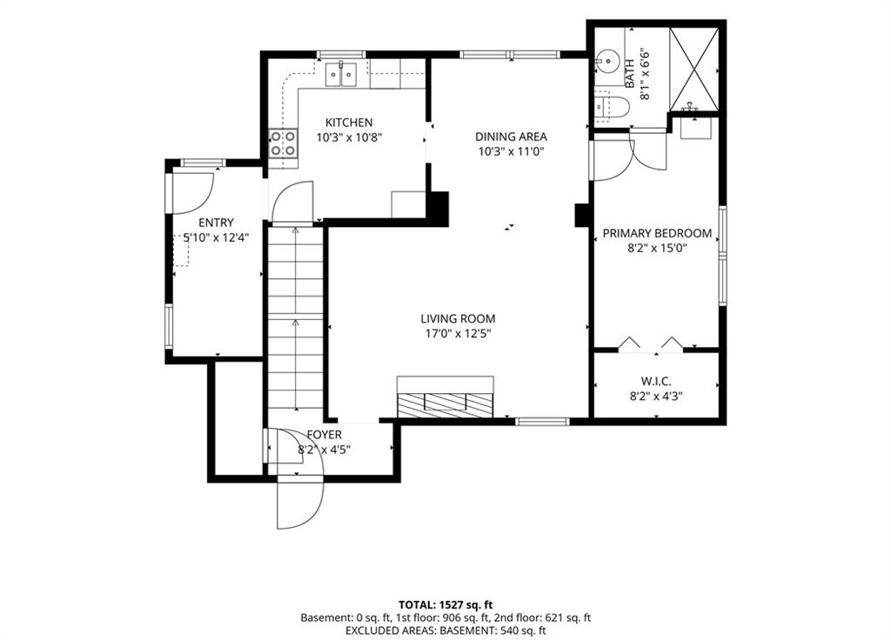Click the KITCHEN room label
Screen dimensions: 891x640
click(349, 122)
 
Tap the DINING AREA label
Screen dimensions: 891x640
click(511, 137)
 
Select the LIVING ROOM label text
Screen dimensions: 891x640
click(458, 318)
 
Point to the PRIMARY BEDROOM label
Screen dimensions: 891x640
click(657, 233)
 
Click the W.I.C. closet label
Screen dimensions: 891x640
click(656, 381)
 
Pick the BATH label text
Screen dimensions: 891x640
click(630, 74)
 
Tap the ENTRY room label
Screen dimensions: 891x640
click(216, 223)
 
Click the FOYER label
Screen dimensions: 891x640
click(324, 435)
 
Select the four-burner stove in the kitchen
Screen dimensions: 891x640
click(283, 143)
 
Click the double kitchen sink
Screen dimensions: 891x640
click(341, 75)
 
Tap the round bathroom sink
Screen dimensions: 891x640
click(607, 59)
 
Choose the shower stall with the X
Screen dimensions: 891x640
click(693, 69)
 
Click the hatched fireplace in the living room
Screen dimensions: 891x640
click(445, 397)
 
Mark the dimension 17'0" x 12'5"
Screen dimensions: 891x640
click(458, 333)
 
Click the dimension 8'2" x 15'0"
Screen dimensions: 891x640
click(657, 248)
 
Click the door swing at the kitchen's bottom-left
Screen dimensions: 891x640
click(292, 202)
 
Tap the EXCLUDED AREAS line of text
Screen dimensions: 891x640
click(445, 630)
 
